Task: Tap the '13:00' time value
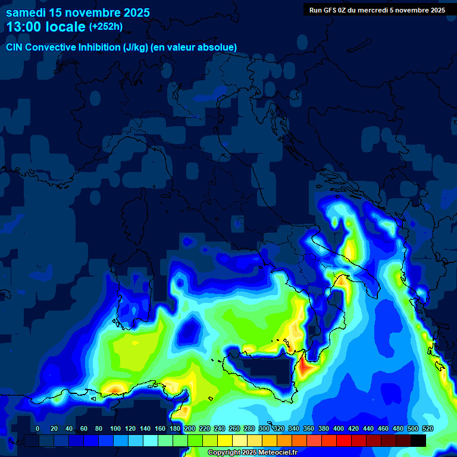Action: [x=24, y=27]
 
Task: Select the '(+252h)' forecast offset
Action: [x=106, y=27]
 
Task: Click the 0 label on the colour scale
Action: [x=37, y=428]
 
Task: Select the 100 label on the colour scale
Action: [x=115, y=428]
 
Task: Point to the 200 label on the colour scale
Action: [x=190, y=428]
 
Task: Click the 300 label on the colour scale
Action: [x=264, y=428]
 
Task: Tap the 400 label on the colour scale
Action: [x=339, y=428]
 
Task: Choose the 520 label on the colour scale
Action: [x=427, y=428]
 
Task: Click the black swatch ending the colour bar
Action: [x=418, y=440]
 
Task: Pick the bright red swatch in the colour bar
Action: [x=344, y=440]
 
